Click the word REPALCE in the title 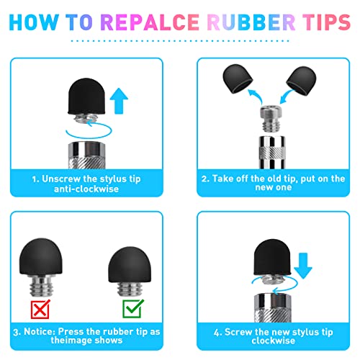click(150, 22)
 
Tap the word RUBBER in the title click(251, 22)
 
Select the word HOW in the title click(34, 22)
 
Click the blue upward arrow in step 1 click(119, 101)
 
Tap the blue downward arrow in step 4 click(303, 266)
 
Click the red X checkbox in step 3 click(40, 309)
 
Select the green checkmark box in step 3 click(132, 309)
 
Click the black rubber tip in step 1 click(86, 96)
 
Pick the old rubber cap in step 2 click(238, 78)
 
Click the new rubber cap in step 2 click(302, 81)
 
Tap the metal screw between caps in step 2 click(271, 119)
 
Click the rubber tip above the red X click(41, 257)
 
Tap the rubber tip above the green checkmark click(130, 264)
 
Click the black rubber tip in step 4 click(272, 257)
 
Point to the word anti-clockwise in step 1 click(86, 189)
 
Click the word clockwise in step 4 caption click(274, 341)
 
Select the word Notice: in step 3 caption click(40, 332)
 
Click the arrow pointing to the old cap click(256, 96)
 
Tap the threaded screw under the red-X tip click(41, 286)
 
